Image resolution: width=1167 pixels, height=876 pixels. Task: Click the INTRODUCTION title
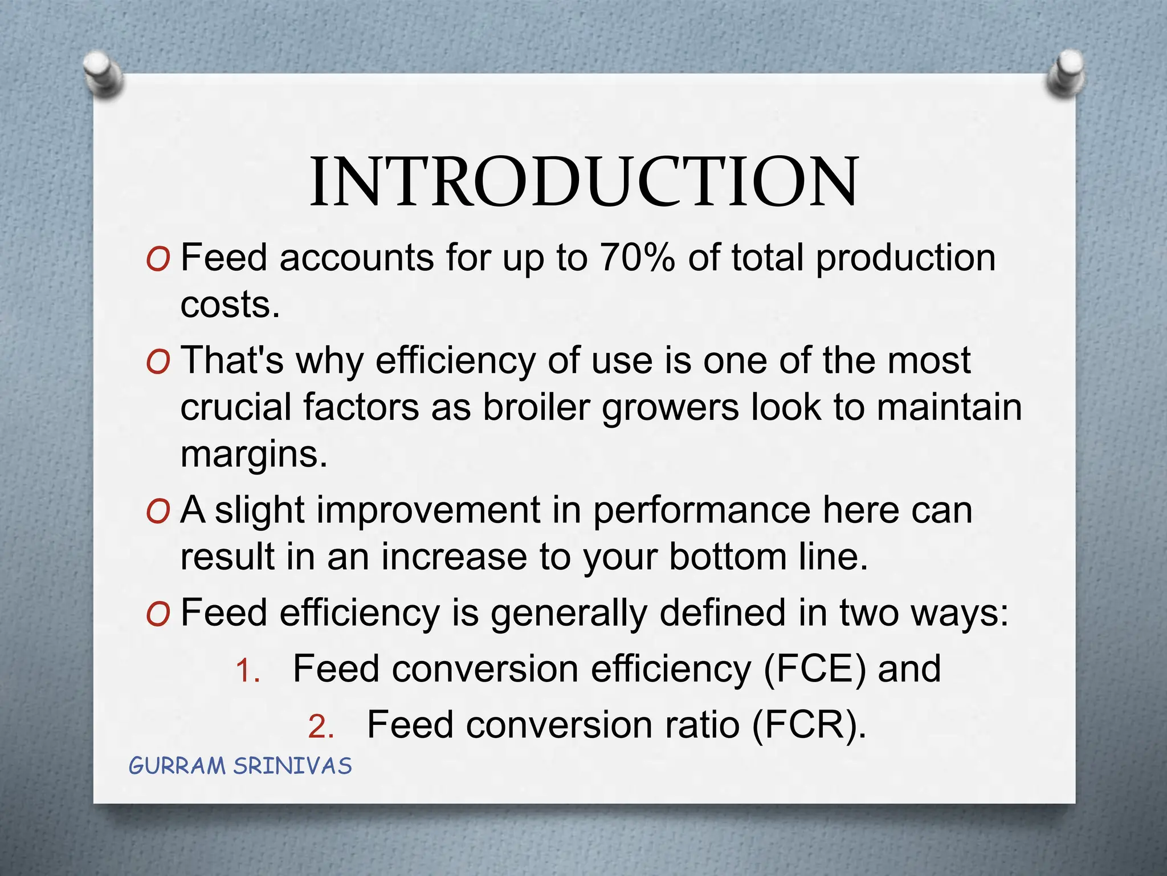[583, 181]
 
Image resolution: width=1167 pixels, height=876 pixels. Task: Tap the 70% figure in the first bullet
[636, 258]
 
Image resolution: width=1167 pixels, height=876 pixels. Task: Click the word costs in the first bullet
[230, 305]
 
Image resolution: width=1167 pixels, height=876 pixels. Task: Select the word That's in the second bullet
[232, 360]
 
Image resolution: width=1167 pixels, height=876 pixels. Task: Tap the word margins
[254, 455]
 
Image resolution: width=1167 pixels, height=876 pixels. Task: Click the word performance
[701, 510]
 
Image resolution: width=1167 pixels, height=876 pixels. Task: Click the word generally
[569, 614]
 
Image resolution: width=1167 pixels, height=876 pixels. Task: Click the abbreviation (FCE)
[814, 668]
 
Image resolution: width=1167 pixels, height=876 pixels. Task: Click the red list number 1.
[247, 671]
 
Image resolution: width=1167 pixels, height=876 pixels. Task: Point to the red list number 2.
[320, 727]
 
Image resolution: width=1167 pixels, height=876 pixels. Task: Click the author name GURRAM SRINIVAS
[240, 766]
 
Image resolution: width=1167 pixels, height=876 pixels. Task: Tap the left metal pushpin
[103, 73]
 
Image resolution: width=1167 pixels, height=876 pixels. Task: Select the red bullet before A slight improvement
[158, 512]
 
